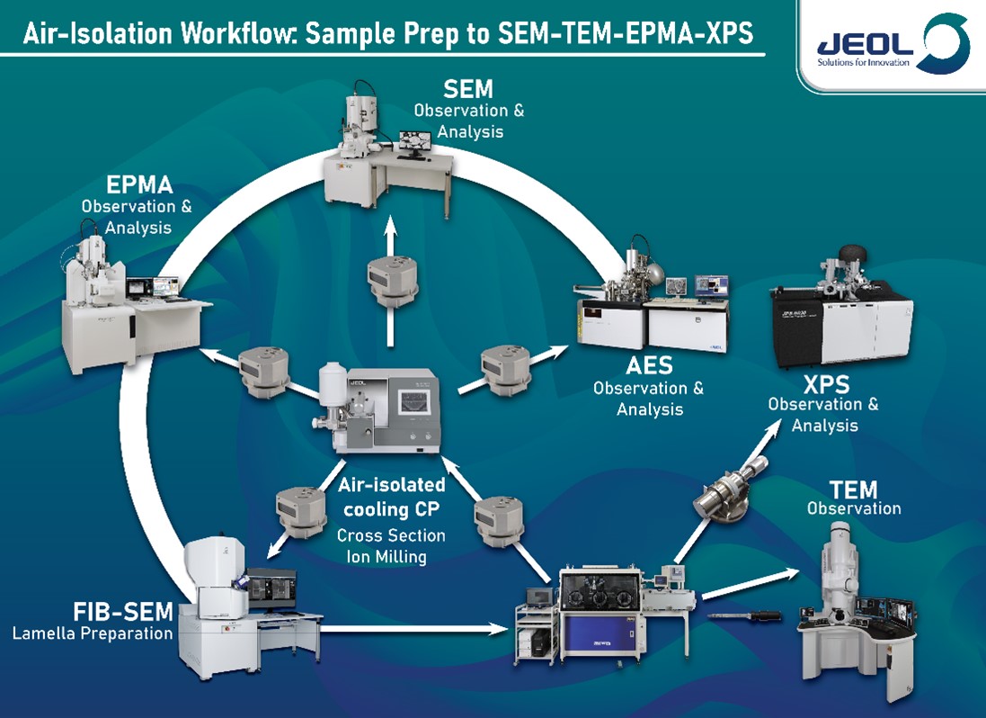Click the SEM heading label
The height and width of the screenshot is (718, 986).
tap(467, 89)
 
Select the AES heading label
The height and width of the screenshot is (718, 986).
tap(648, 367)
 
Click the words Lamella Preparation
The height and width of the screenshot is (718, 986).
tap(92, 633)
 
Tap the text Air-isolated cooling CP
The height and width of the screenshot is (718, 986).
tap(391, 496)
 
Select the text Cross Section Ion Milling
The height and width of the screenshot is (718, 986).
tap(391, 545)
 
